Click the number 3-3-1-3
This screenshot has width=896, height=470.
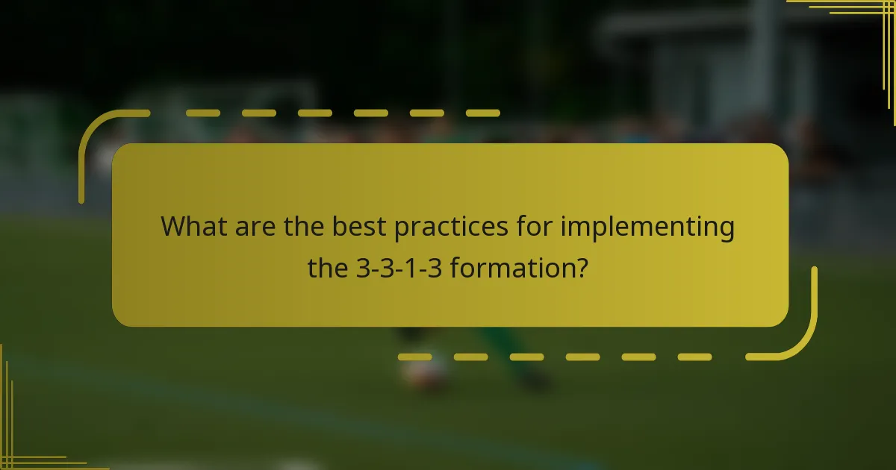pos(399,267)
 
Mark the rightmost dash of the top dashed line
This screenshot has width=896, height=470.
pos(482,113)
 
